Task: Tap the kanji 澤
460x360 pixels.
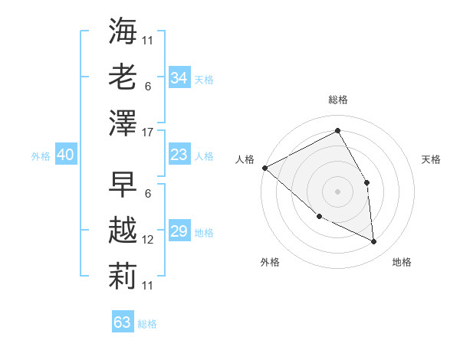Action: (x=123, y=123)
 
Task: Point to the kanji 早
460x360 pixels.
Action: (x=123, y=184)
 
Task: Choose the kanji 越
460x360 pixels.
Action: (x=123, y=229)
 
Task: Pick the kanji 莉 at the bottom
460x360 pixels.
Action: (x=123, y=275)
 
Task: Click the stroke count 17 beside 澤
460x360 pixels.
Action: (x=149, y=133)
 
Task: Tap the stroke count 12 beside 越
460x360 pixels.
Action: (x=149, y=239)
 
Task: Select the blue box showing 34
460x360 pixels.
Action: (x=179, y=78)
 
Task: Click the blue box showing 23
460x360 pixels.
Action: (x=179, y=155)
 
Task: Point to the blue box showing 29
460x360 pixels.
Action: (x=179, y=231)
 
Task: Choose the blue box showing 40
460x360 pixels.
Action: (x=65, y=155)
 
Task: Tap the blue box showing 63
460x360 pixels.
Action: (x=122, y=322)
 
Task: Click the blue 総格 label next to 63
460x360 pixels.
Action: (x=147, y=324)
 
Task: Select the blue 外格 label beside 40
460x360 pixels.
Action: (x=41, y=156)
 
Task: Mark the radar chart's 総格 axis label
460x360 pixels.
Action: (x=337, y=100)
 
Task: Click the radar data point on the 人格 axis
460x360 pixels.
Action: (x=264, y=168)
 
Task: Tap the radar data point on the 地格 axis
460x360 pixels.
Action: (x=374, y=242)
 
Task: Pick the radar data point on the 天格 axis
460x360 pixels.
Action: (x=367, y=182)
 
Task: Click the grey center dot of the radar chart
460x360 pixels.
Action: (x=337, y=191)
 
